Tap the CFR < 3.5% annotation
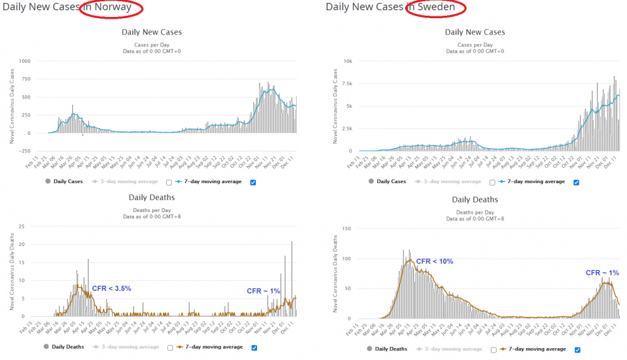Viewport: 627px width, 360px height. pos(112,289)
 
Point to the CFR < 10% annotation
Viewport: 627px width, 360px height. pos(435,261)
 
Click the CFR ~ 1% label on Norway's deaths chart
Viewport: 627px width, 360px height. pos(263,291)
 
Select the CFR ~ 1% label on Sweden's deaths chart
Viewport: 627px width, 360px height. pos(602,273)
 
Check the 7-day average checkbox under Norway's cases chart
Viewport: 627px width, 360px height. pos(253,183)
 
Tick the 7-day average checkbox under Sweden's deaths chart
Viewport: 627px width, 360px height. pos(577,350)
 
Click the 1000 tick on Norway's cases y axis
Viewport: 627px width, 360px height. pos(24,61)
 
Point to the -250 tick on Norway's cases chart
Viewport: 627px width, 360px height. pos(24,151)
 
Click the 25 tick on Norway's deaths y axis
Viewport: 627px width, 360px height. pos(23,226)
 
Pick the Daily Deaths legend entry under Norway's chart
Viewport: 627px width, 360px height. pos(67,346)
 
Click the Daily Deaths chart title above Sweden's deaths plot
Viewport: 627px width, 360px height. pos(475,199)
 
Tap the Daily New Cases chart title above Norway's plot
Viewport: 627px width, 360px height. pos(152,32)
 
